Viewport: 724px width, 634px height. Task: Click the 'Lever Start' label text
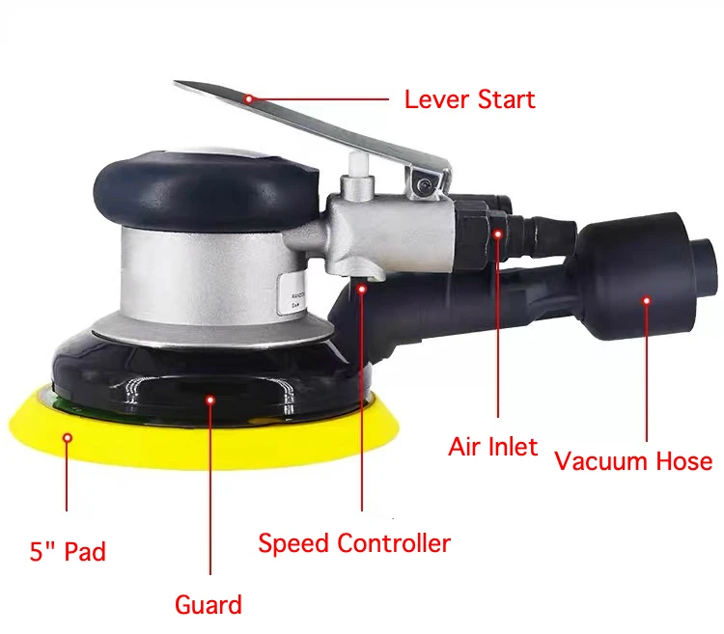[469, 98]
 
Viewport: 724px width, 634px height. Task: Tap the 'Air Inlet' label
[493, 447]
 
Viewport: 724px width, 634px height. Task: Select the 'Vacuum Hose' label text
[633, 460]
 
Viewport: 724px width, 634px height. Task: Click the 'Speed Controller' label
[354, 543]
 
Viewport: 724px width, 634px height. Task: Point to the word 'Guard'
[208, 605]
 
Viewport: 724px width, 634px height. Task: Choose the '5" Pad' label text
[67, 552]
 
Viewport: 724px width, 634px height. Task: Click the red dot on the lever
[248, 97]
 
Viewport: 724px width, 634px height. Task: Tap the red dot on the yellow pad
[68, 437]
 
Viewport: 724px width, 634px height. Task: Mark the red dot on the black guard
[209, 396]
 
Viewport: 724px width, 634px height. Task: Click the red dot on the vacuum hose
[646, 300]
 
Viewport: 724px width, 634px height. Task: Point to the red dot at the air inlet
[498, 232]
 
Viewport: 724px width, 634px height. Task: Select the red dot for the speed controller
[362, 287]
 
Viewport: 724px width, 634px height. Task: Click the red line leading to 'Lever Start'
[319, 97]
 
